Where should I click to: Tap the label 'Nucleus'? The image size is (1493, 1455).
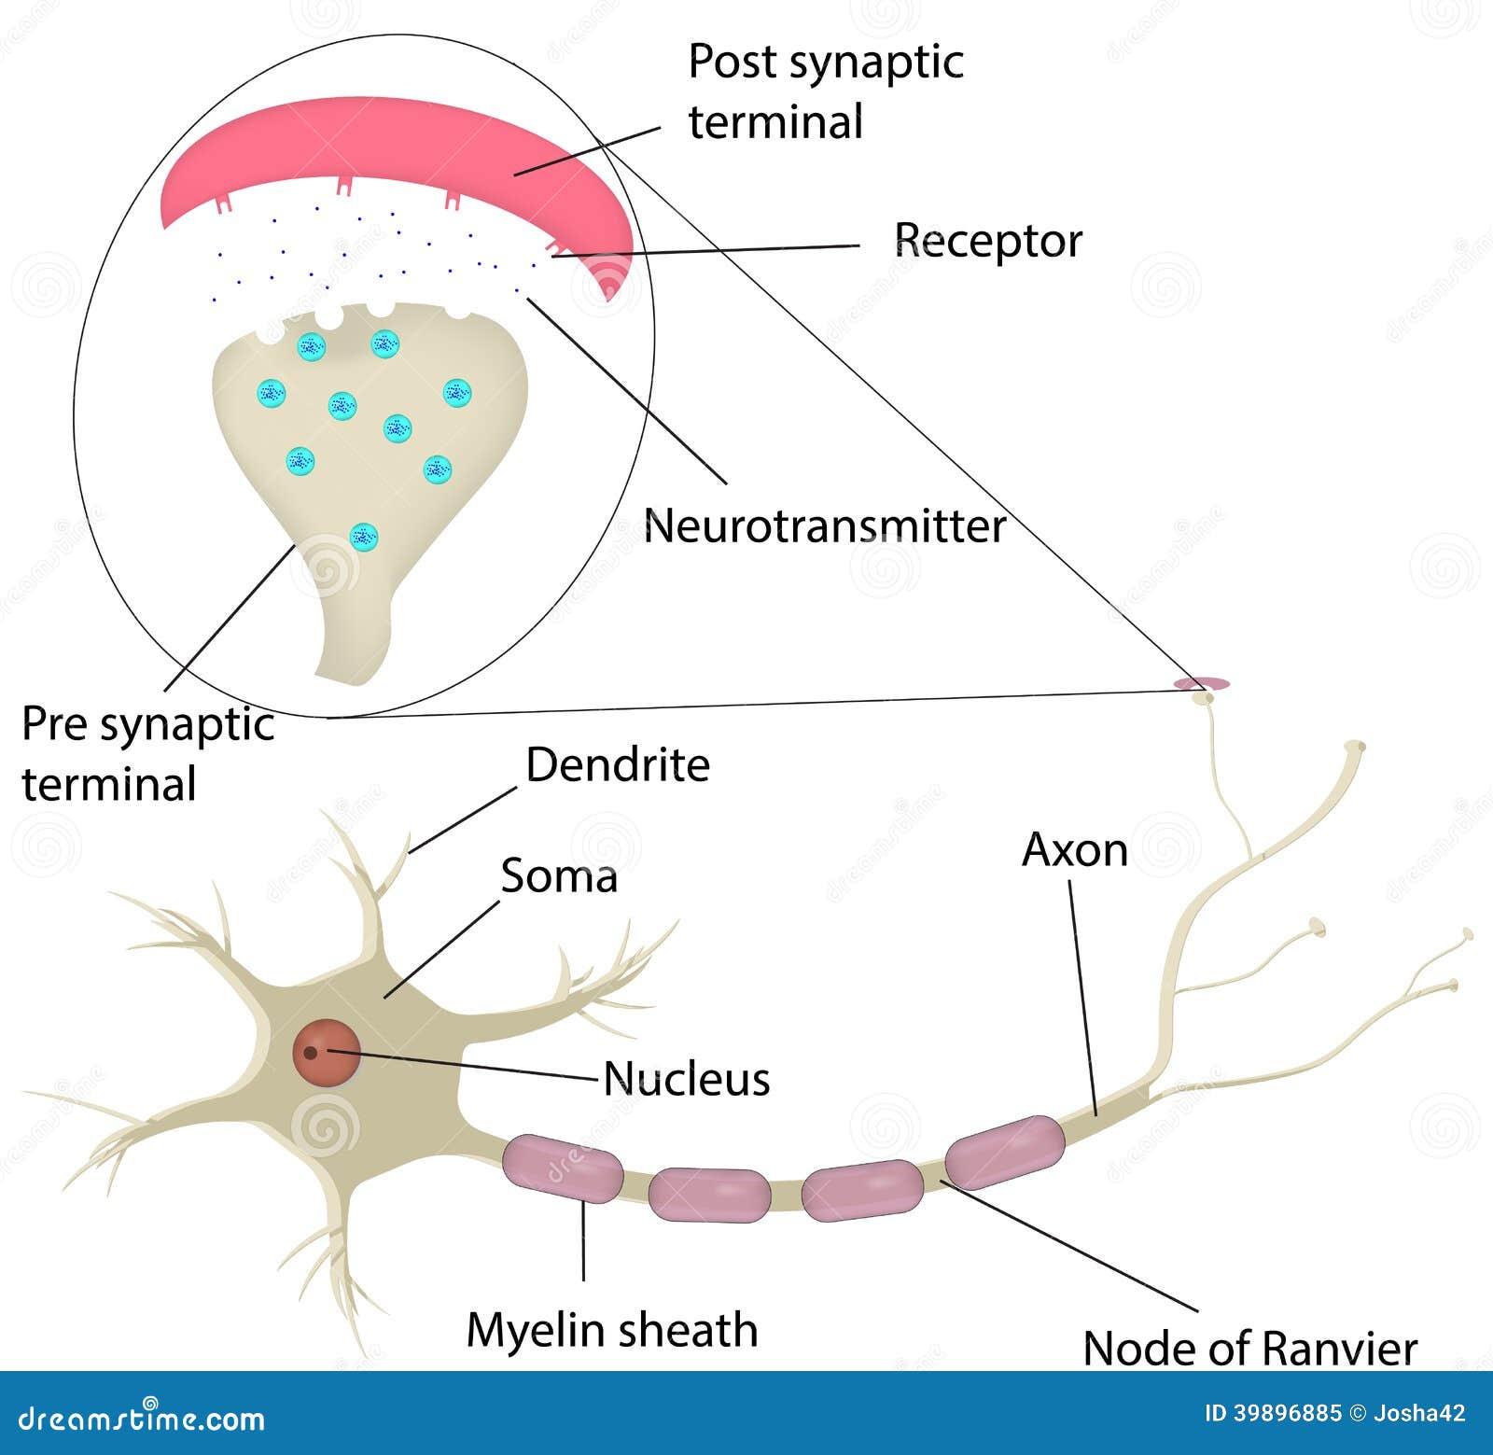(x=686, y=1079)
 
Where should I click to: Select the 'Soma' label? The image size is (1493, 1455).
(x=559, y=876)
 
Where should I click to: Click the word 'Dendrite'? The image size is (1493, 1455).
(x=618, y=765)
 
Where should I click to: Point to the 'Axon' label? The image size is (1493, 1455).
(x=1075, y=850)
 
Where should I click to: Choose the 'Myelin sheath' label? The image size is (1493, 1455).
(x=612, y=1330)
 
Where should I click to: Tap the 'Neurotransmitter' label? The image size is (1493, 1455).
(x=825, y=526)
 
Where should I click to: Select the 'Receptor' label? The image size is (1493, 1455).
(x=988, y=241)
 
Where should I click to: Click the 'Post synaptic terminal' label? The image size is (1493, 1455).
(x=826, y=91)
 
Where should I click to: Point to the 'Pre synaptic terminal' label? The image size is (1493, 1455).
(x=147, y=753)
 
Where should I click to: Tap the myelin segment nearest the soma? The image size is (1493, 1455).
(x=563, y=1168)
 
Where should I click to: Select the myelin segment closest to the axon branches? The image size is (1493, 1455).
(x=1004, y=1152)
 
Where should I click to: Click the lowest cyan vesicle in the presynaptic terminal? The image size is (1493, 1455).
(x=364, y=537)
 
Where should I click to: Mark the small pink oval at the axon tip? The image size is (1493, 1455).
(x=1202, y=684)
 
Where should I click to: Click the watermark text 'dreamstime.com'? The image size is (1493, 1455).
(x=142, y=1420)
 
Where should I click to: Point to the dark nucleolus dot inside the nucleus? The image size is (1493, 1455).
(x=311, y=1053)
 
